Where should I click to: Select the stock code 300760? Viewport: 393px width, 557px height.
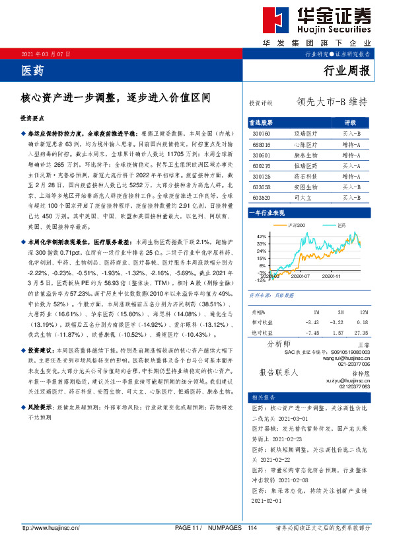coord(262,133)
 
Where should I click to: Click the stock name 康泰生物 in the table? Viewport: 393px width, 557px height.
coord(304,154)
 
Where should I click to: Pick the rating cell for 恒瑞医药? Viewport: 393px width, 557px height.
coord(350,165)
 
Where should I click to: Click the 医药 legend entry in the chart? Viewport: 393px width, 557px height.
coord(340,226)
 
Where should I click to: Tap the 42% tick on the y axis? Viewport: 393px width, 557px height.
coord(261,236)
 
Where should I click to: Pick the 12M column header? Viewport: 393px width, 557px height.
coord(363,311)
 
